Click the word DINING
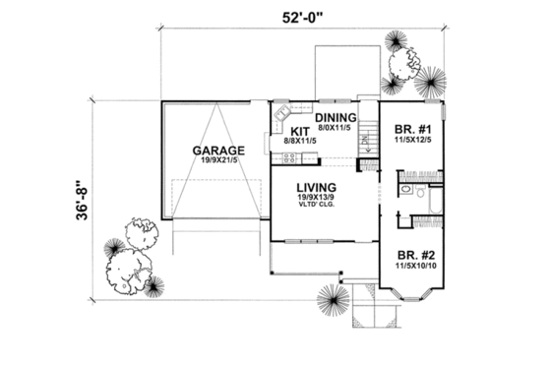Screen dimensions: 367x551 pyautogui.click(x=336, y=116)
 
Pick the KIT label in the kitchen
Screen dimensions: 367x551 pyautogui.click(x=300, y=131)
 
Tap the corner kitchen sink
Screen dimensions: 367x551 pyautogui.click(x=280, y=111)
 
